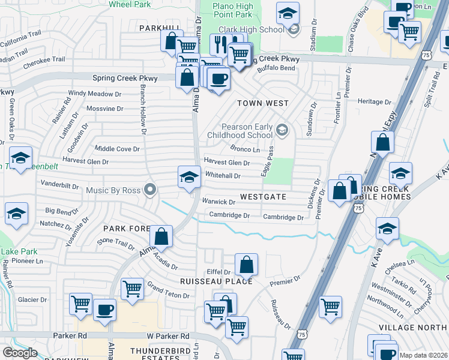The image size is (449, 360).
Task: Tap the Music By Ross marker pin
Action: point(151,190)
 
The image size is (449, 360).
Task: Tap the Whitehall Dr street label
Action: point(223,176)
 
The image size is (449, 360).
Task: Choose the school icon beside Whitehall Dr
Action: point(189,177)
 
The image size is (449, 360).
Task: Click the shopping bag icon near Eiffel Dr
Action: point(246,264)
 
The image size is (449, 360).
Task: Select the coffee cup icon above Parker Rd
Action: point(104,310)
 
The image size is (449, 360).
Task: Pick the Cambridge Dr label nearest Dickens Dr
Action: point(283,217)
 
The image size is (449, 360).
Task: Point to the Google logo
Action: point(19,353)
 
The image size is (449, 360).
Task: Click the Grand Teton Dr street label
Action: point(169,292)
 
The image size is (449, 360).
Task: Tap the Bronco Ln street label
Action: point(245,149)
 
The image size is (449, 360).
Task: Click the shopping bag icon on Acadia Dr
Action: point(161,236)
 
